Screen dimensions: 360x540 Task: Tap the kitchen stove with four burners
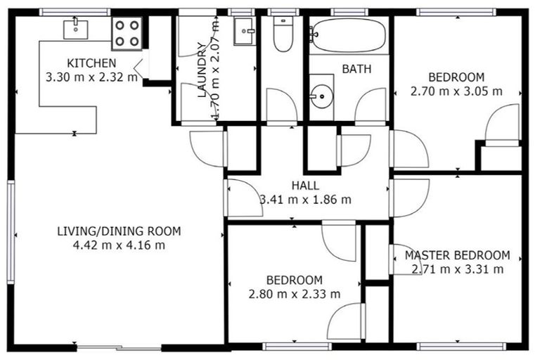pos(127,32)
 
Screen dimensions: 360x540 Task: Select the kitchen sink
pos(75,29)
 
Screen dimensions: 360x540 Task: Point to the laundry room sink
pos(245,30)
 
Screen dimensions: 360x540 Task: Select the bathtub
pos(348,35)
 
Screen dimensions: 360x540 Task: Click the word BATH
pos(356,69)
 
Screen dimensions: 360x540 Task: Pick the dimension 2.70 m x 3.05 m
pos(456,91)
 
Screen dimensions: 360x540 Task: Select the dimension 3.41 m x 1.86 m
pos(305,199)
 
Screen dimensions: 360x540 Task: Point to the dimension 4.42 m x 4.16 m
pos(119,245)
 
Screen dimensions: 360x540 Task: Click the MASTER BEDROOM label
pos(457,255)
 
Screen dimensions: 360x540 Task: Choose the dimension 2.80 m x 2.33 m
pos(295,293)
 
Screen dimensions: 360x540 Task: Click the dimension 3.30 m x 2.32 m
pos(91,77)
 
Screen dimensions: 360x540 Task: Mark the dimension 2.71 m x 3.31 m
pos(457,269)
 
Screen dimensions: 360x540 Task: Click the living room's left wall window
pos(11,231)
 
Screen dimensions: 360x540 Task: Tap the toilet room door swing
pos(281,105)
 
